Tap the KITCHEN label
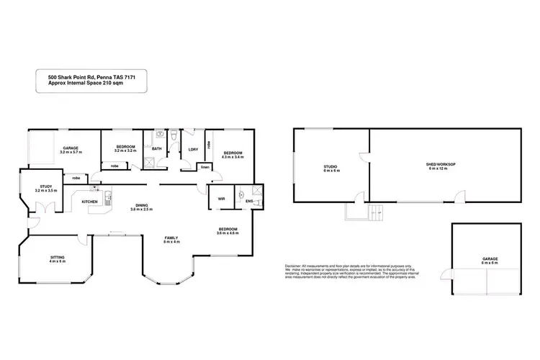coord(89,201)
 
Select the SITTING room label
coord(57,256)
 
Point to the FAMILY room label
coord(171,238)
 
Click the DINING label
coord(141,204)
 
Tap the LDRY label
coord(193,149)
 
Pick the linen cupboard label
coord(204,166)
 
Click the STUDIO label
coord(330,167)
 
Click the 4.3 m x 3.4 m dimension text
coord(233,156)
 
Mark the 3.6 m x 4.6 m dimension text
coord(231,233)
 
